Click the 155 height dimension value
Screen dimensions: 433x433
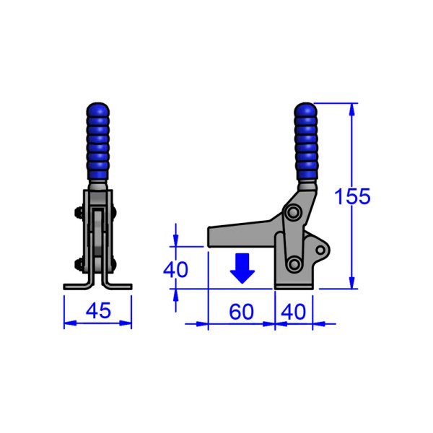(x=353, y=197)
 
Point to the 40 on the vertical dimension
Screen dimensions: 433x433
(x=175, y=269)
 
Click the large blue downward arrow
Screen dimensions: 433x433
(x=242, y=268)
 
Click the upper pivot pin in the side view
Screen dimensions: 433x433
(x=293, y=214)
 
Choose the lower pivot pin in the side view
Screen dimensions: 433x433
(x=294, y=263)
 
